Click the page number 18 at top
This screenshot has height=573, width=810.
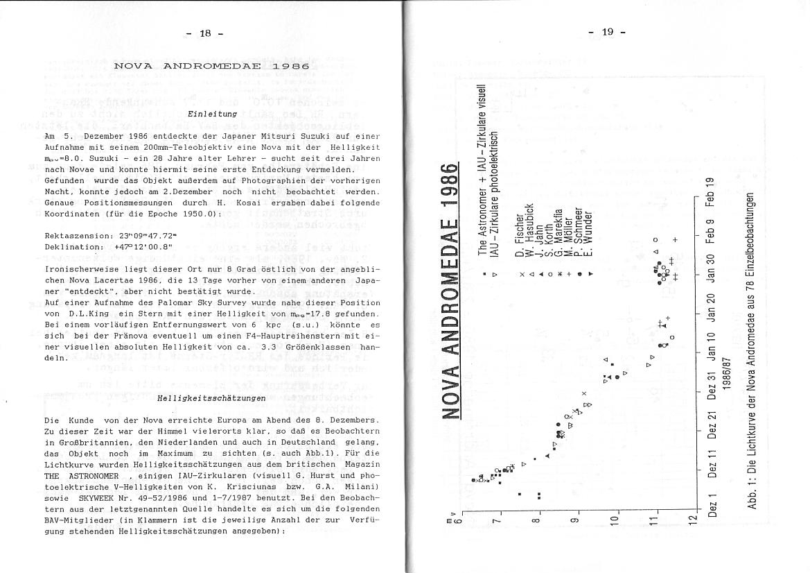pyautogui.click(x=205, y=33)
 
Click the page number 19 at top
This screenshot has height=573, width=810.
pyautogui.click(x=608, y=33)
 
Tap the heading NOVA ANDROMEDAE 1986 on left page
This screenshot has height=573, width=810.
pyautogui.click(x=211, y=66)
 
